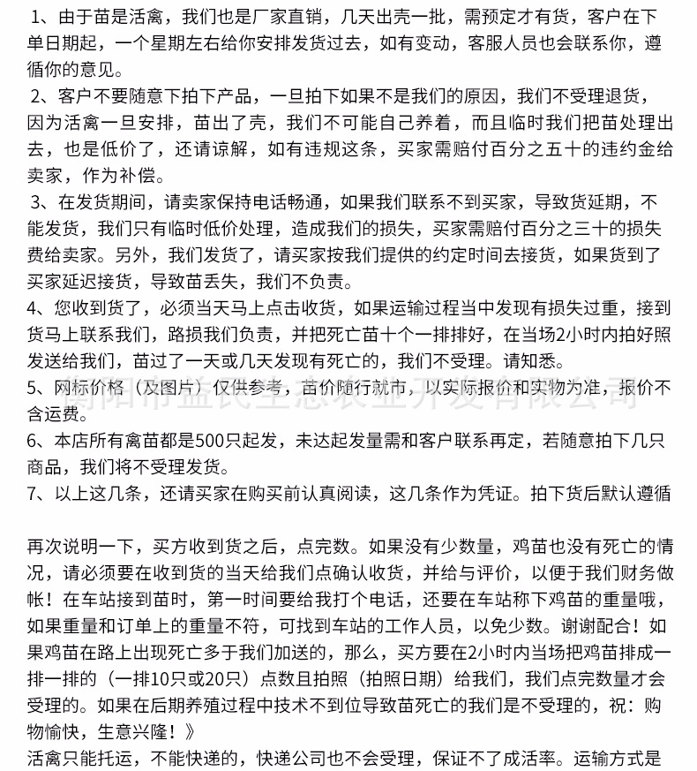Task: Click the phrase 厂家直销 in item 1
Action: click(277, 18)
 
